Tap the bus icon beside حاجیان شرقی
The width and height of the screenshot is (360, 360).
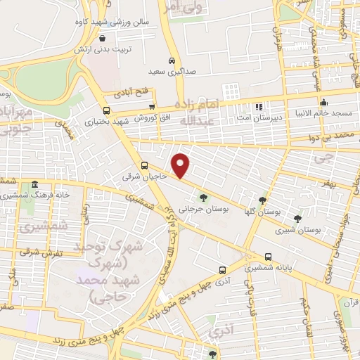coord(144,166)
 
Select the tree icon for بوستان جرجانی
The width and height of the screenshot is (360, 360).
coord(203,198)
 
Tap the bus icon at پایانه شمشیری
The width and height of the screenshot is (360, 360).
coord(269,257)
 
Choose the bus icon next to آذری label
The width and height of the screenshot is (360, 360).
coord(222,269)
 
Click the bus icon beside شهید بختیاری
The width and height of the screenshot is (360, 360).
coord(106,110)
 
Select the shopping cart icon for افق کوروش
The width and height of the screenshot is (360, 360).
coord(152,107)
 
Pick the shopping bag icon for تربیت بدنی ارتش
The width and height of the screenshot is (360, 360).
coord(103,39)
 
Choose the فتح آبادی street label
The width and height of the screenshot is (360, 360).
coord(134,91)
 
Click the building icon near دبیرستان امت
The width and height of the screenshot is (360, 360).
coord(259,107)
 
